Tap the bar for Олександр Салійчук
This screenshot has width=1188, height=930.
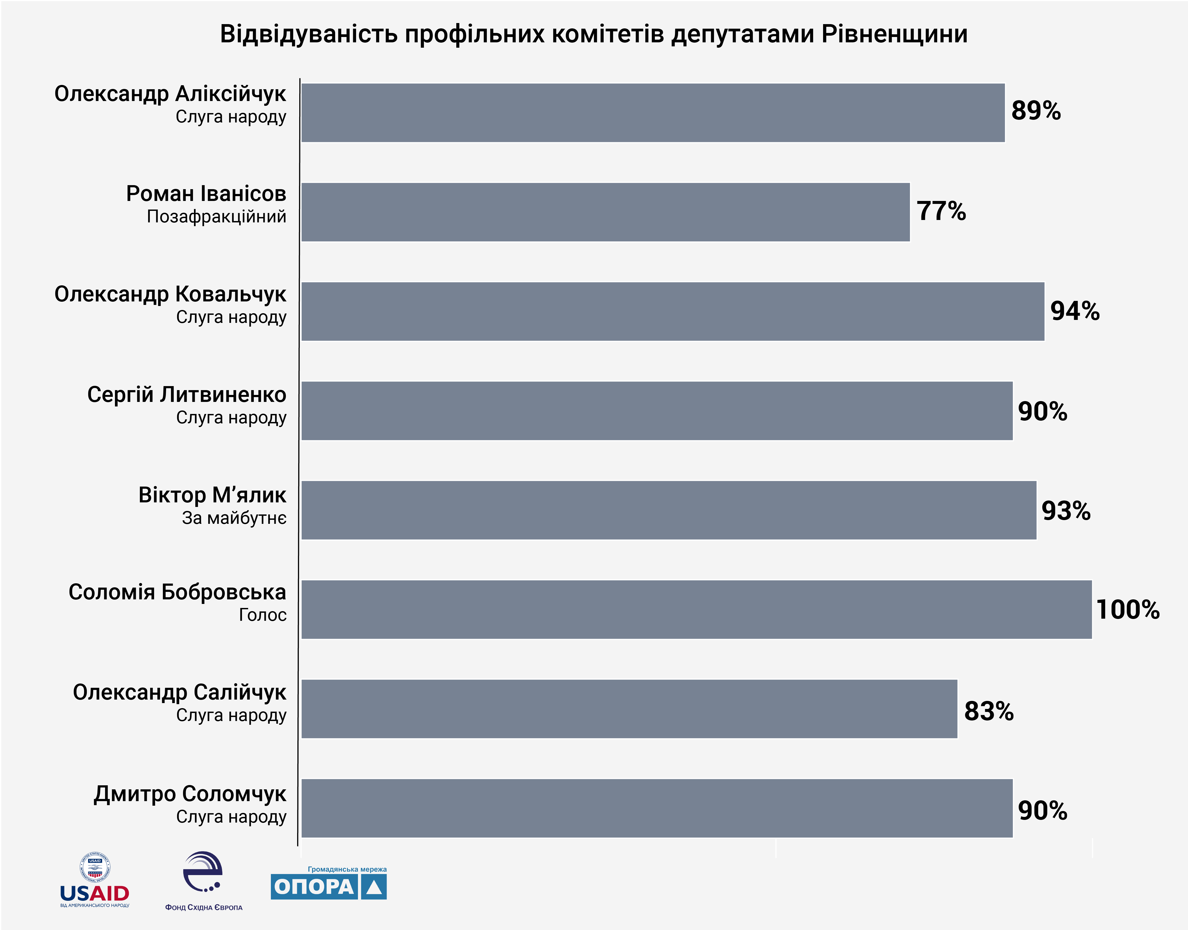tap(629, 709)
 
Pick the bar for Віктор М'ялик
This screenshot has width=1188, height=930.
tap(668, 510)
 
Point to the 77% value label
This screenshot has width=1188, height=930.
tap(941, 211)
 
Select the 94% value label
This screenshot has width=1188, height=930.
tap(1075, 311)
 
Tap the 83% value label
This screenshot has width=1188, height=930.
tap(989, 711)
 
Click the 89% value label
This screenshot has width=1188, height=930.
tap(1036, 111)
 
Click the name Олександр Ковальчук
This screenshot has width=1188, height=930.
tap(170, 294)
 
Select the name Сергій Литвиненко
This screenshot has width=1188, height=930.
tap(187, 394)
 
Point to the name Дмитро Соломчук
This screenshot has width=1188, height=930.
tap(190, 794)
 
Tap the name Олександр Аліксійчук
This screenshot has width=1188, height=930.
tap(170, 94)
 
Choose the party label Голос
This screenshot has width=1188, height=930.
tap(262, 615)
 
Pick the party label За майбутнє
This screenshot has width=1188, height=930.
tap(234, 518)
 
